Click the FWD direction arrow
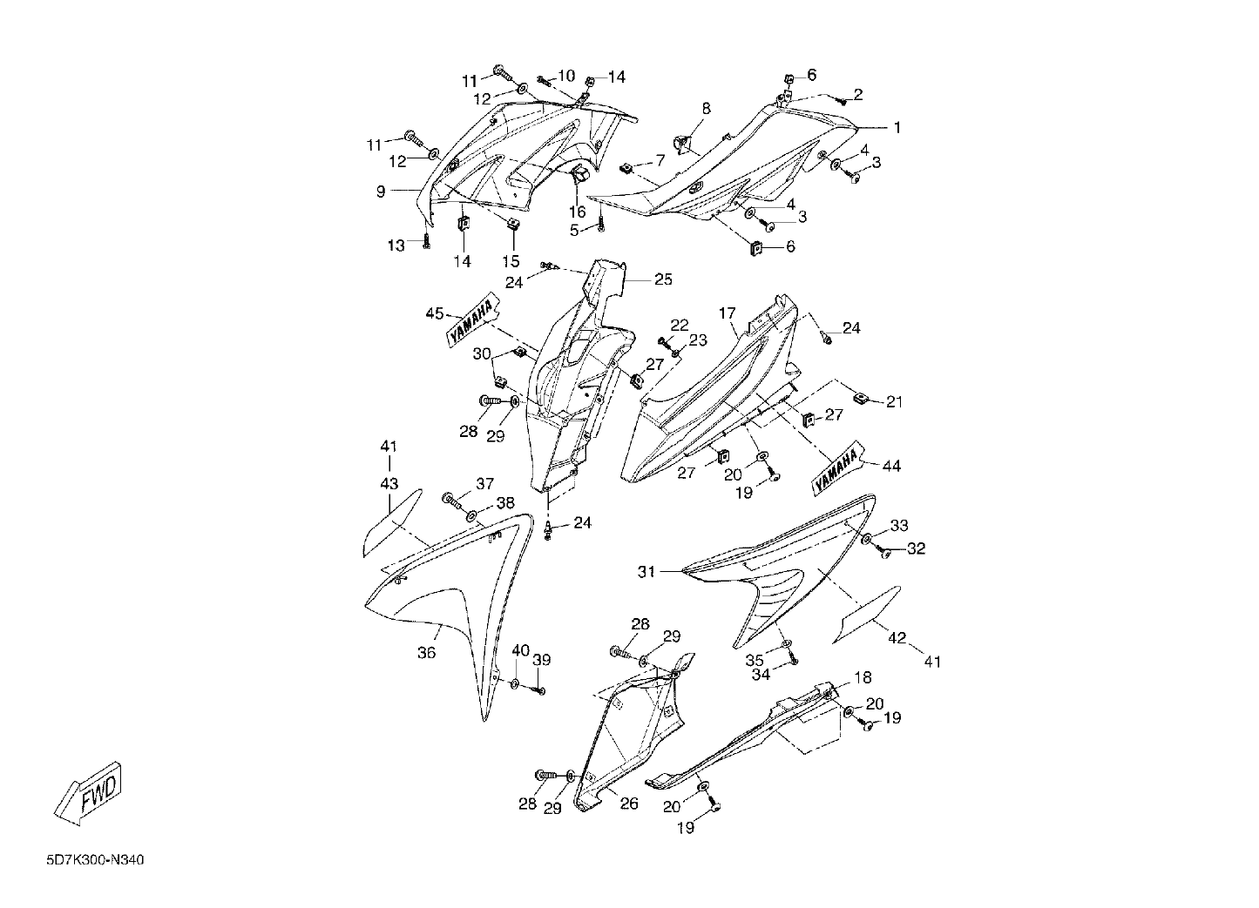(88, 793)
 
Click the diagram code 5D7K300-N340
(96, 860)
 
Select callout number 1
(897, 128)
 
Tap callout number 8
(707, 108)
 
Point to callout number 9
(381, 192)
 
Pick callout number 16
(578, 212)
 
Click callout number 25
(663, 279)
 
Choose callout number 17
(728, 313)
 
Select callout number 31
(646, 572)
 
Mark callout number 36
(427, 653)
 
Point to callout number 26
(629, 804)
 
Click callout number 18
(863, 678)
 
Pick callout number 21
(894, 401)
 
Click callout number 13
(396, 245)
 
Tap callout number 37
(485, 483)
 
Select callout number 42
(897, 638)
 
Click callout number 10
(566, 75)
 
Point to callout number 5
(574, 230)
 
